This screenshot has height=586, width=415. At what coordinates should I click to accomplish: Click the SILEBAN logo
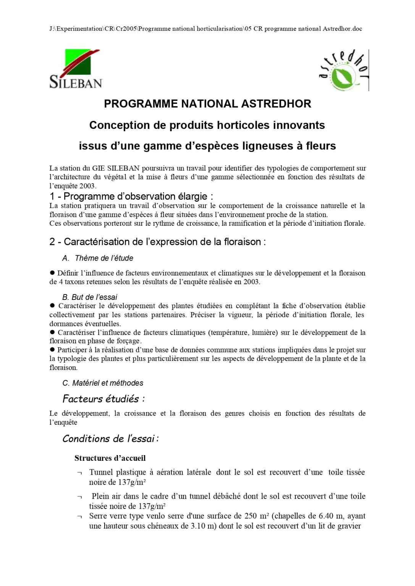[76, 69]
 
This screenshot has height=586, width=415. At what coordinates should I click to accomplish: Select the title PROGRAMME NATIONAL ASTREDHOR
[207, 104]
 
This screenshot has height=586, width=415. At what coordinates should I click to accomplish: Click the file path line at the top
[205, 29]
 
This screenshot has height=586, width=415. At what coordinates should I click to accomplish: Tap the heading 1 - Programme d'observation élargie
[131, 196]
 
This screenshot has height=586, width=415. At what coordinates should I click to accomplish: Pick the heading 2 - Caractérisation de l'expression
[157, 242]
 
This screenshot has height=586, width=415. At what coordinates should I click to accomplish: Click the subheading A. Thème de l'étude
[98, 258]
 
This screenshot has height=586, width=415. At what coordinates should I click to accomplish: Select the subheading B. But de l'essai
[90, 297]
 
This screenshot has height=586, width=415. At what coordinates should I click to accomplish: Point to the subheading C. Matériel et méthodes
[103, 383]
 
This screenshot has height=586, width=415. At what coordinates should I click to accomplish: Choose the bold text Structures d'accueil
[110, 458]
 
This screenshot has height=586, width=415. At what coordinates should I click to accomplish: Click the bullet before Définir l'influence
[52, 273]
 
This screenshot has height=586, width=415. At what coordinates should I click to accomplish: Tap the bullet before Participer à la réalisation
[52, 349]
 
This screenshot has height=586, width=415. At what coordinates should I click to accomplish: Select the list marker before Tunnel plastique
[79, 473]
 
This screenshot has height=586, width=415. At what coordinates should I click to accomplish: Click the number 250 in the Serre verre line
[250, 516]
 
